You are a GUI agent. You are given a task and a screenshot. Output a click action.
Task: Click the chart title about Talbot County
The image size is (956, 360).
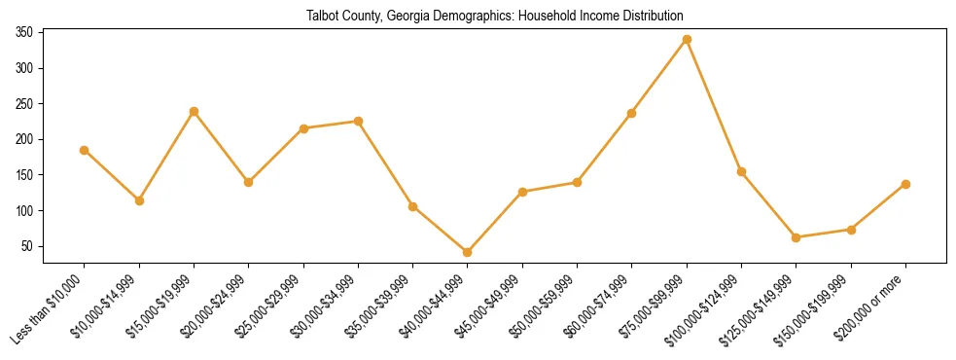(495, 17)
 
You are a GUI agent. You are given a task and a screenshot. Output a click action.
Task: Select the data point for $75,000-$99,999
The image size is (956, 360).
(687, 39)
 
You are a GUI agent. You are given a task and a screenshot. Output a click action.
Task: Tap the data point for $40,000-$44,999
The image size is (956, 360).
(468, 252)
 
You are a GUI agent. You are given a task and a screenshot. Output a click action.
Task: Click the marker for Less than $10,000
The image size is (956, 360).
(85, 150)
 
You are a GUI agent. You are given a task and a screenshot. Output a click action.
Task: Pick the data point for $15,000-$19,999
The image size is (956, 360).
(194, 111)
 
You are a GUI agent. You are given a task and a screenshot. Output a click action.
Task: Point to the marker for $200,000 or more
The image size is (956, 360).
(905, 184)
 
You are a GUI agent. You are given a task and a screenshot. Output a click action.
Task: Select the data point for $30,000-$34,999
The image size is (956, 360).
(358, 121)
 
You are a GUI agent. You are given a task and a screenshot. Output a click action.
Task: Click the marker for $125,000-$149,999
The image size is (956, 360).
(797, 237)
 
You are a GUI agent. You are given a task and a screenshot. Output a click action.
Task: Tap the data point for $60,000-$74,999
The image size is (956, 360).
(632, 113)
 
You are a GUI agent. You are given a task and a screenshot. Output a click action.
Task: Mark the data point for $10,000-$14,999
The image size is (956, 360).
(139, 200)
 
